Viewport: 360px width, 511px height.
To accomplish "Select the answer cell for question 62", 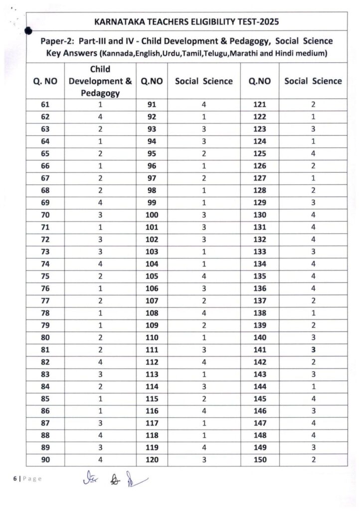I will [x=100, y=117].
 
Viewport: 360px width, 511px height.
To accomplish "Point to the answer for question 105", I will [x=203, y=276].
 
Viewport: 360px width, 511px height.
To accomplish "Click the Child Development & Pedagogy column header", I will [x=100, y=81].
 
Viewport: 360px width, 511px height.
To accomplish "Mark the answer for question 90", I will [x=100, y=460].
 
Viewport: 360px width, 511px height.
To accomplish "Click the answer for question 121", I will [x=313, y=105].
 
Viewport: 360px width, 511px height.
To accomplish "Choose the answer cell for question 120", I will [x=203, y=460].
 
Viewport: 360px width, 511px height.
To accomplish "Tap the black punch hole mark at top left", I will [x=28, y=30].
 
